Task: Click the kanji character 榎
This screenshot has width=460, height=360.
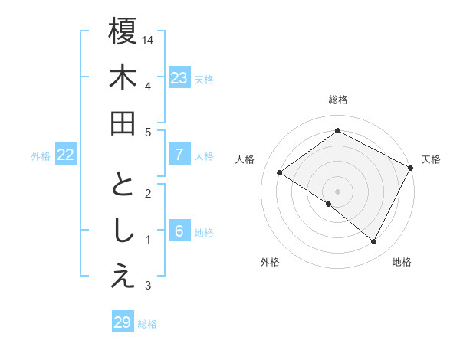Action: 123,31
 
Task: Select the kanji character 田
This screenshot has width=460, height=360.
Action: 123,123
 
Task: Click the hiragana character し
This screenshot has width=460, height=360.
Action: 123,231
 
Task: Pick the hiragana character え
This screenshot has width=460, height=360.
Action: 123,277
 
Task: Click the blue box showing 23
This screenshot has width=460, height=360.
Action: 179,78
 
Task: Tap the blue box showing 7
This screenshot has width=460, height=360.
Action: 179,155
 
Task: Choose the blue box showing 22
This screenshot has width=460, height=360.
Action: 65,155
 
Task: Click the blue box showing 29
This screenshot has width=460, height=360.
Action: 122,322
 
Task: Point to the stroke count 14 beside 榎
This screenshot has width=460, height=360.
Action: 148,39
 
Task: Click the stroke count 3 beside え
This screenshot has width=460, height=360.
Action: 148,286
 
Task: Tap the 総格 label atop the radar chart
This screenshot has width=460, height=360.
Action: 337,100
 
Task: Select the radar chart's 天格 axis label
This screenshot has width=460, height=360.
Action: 431,159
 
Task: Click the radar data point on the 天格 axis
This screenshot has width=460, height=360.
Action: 410,168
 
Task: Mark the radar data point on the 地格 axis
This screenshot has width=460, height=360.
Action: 374,242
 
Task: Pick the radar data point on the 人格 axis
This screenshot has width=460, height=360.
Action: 279,173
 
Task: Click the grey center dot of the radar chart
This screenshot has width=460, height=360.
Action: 337,191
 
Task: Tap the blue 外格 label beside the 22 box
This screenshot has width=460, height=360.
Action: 41,156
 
